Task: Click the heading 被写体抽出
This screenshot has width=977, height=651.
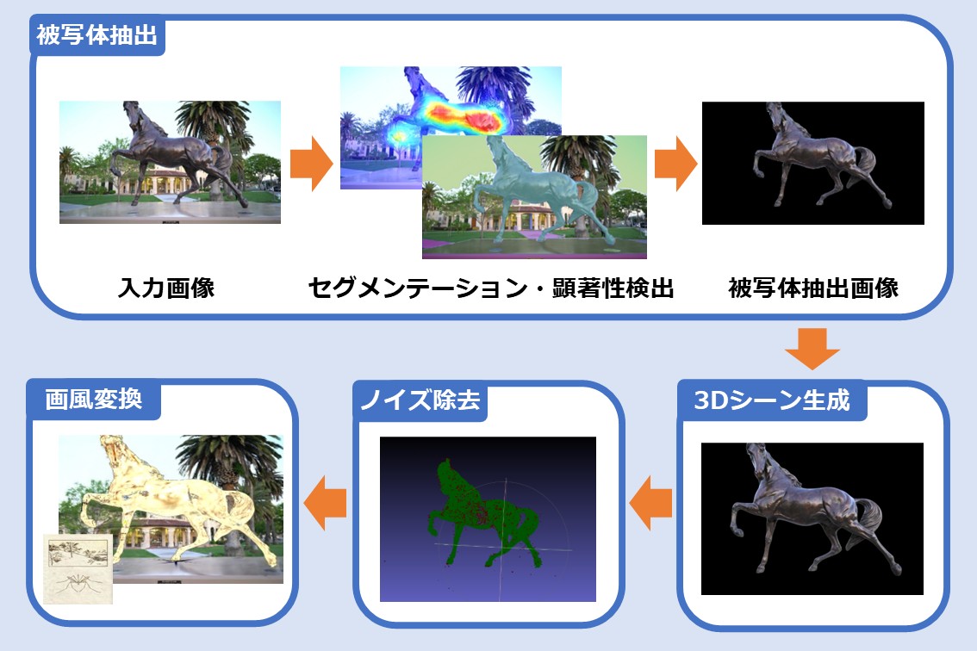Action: pyautogui.click(x=96, y=35)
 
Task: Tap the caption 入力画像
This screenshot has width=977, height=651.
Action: pyautogui.click(x=166, y=288)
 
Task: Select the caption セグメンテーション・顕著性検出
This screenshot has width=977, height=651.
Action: pyautogui.click(x=491, y=288)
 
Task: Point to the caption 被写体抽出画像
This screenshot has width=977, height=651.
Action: pyautogui.click(x=813, y=288)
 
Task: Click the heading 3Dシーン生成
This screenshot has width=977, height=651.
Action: pyautogui.click(x=771, y=400)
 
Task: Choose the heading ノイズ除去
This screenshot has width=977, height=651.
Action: pyautogui.click(x=420, y=400)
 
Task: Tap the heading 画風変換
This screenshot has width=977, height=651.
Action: pyautogui.click(x=93, y=399)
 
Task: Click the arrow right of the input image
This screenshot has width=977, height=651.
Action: pyautogui.click(x=312, y=164)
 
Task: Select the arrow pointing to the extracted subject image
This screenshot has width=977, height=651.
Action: pyautogui.click(x=675, y=164)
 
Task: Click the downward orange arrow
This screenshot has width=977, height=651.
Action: pyautogui.click(x=812, y=349)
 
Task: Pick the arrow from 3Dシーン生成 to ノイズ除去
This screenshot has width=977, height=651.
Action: pyautogui.click(x=650, y=503)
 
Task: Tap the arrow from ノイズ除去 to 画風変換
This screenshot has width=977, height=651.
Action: pyautogui.click(x=325, y=503)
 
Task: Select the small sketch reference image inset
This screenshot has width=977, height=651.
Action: pyautogui.click(x=78, y=568)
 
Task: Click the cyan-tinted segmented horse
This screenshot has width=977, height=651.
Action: pyautogui.click(x=536, y=190)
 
